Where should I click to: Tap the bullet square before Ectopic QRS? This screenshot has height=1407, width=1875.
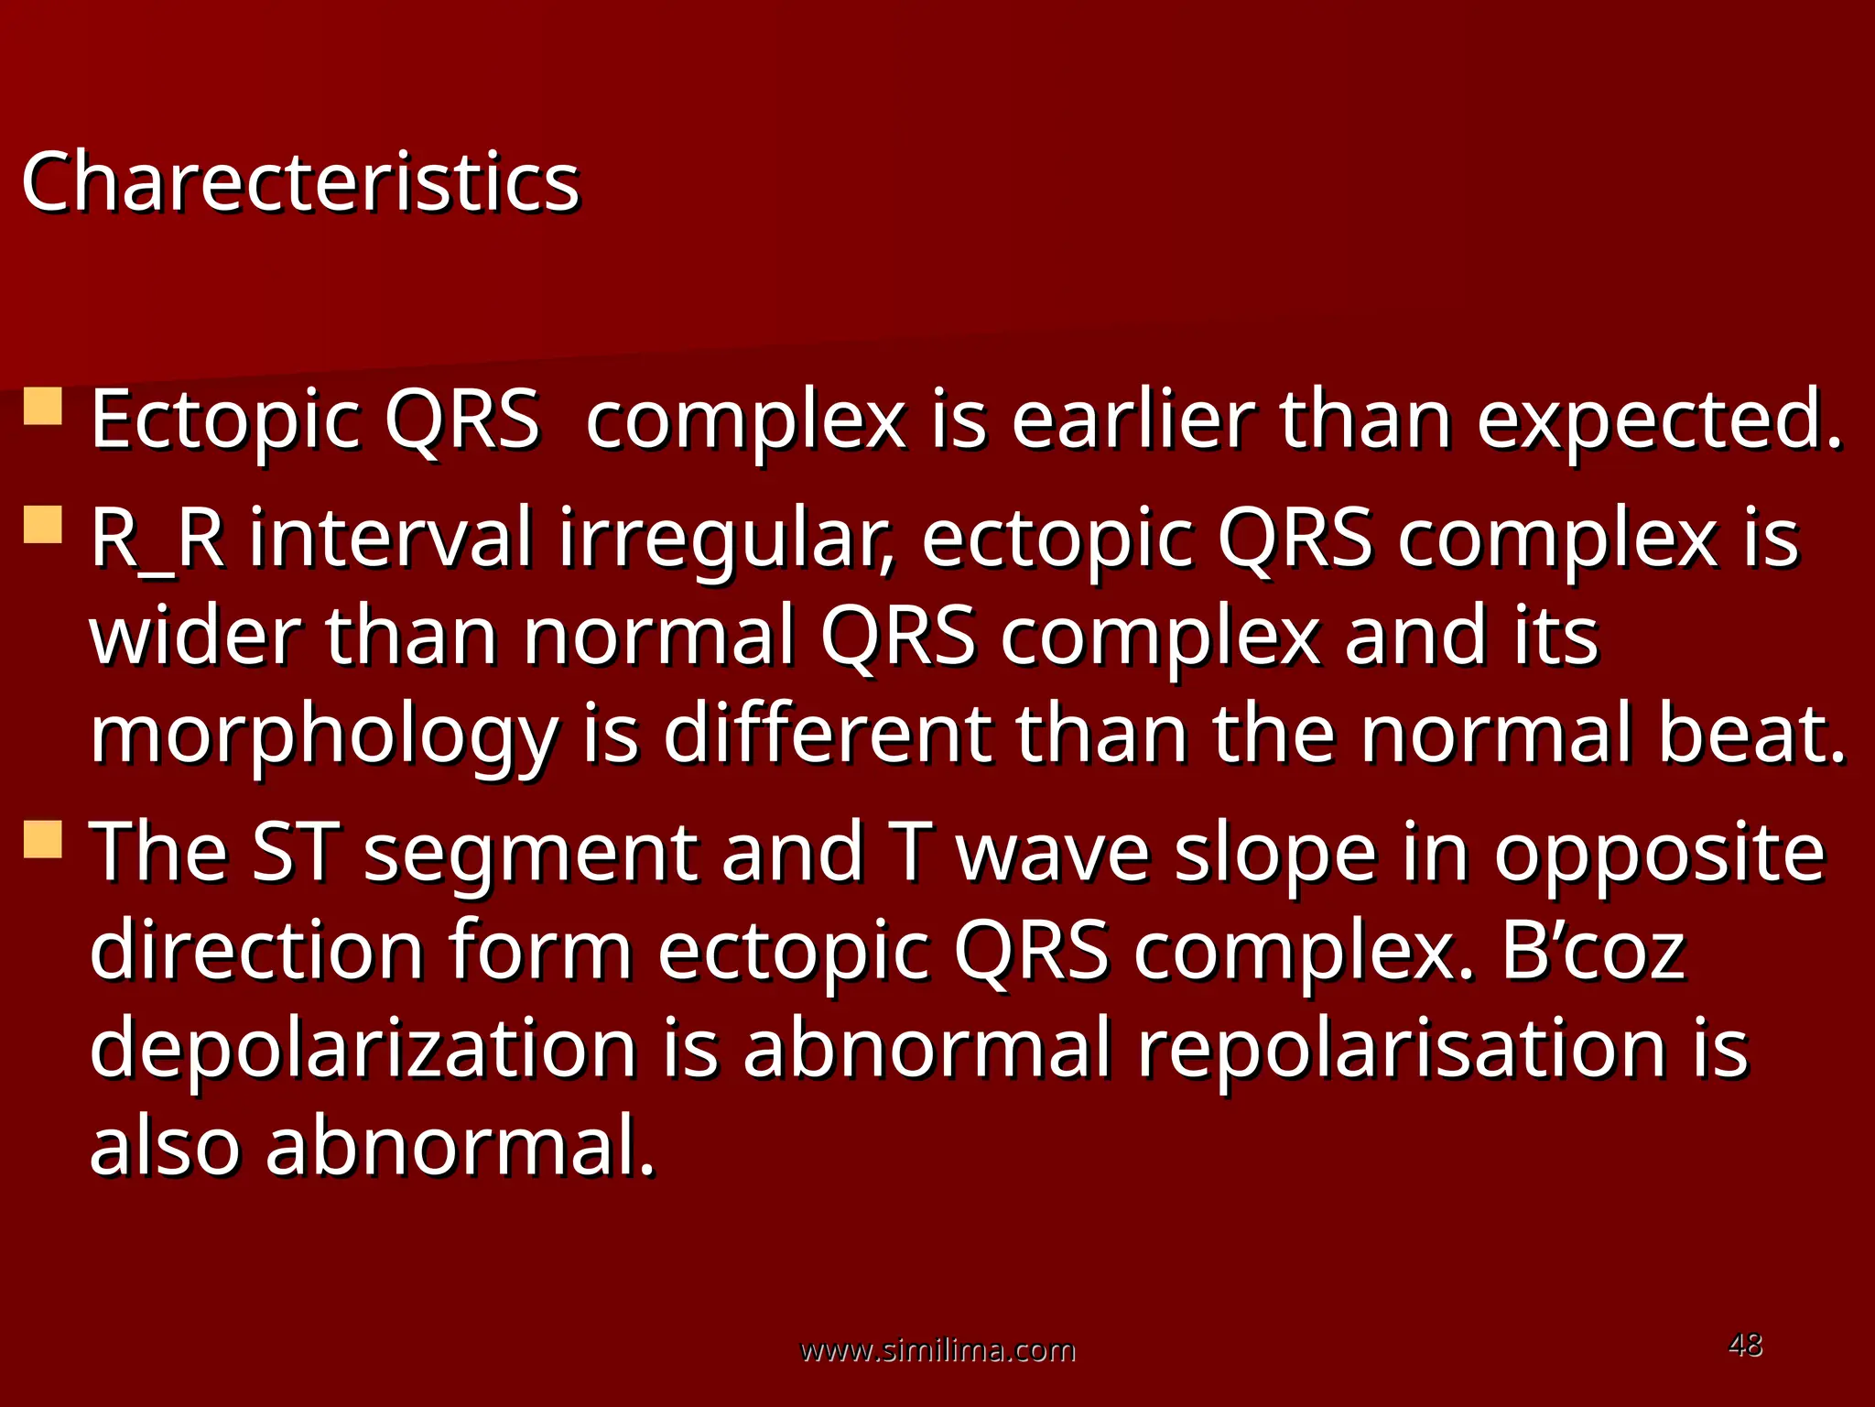[x=43, y=407]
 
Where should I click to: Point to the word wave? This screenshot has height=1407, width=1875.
[x=1053, y=853]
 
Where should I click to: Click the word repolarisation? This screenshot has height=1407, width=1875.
[x=1402, y=1050]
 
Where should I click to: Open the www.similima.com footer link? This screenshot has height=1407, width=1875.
[x=937, y=1349]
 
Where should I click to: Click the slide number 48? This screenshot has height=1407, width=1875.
[x=1745, y=1345]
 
